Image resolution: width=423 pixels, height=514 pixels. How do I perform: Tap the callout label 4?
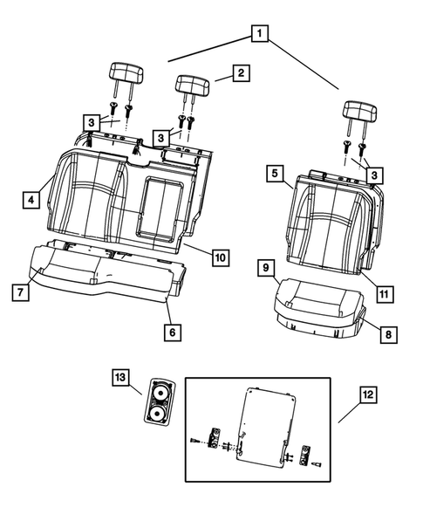coord(31,201)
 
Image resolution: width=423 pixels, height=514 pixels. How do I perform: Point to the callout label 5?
coord(275,175)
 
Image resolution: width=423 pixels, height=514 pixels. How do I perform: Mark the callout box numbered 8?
coord(385,332)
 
